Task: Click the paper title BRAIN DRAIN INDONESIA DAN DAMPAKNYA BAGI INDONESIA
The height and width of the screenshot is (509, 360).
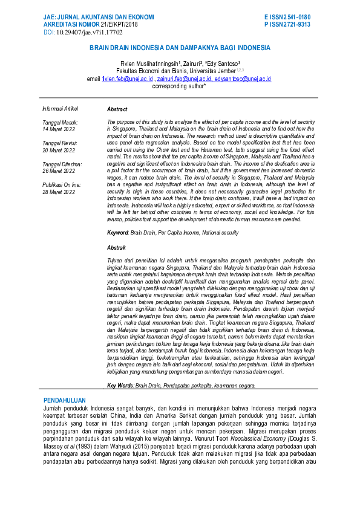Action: click(x=180, y=47)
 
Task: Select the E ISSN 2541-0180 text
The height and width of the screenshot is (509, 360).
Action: click(x=287, y=17)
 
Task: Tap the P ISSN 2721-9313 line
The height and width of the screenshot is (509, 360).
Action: click(x=287, y=25)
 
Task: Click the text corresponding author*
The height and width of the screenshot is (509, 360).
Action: click(x=179, y=86)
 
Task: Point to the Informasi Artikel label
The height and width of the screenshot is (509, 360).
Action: click(x=61, y=109)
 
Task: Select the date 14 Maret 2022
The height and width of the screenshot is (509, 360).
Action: click(x=59, y=129)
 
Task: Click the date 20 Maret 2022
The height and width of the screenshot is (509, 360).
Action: click(x=59, y=150)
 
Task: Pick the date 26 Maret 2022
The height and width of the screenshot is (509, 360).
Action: click(x=59, y=171)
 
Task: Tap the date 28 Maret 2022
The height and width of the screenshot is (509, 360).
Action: click(x=59, y=192)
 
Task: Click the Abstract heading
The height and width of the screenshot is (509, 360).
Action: click(x=117, y=109)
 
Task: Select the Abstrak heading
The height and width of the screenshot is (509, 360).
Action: click(x=116, y=248)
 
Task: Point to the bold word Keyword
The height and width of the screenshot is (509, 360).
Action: click(x=117, y=233)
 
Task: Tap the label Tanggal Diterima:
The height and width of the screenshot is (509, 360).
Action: click(x=62, y=164)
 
